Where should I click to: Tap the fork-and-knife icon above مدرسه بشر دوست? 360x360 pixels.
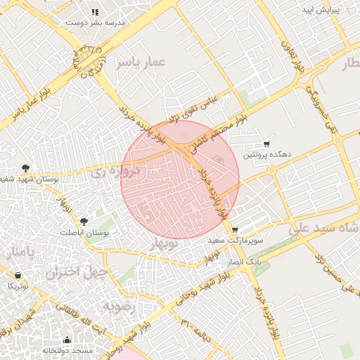click(95, 12)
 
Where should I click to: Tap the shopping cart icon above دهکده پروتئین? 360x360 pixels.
click(266, 143)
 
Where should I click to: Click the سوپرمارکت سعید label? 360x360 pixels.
click(235, 240)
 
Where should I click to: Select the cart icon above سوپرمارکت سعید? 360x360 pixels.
click(235, 230)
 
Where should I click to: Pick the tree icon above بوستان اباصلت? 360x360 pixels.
click(84, 221)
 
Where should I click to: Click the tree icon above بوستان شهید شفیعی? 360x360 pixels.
click(26, 168)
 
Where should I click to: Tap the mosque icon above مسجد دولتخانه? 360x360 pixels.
click(67, 340)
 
